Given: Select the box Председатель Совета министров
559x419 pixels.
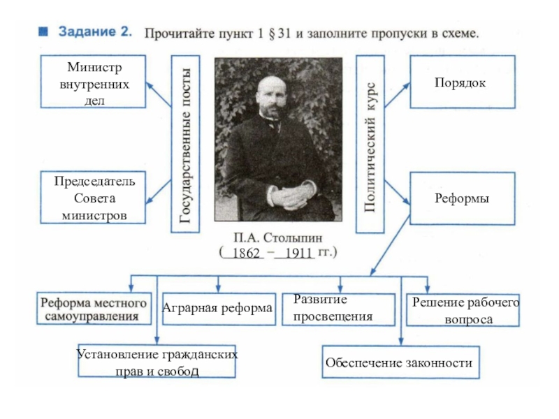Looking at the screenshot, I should coord(94,198).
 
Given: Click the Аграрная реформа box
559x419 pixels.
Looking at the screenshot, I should coord(217,309).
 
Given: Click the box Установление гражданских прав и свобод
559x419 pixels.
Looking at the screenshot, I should coord(157,362).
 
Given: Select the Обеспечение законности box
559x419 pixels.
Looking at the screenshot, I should coord(399,363).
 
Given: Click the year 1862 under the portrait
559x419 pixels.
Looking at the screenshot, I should coord(246,253).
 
